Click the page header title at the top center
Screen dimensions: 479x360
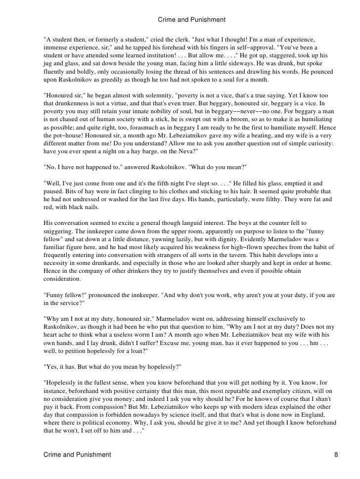[191, 20]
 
